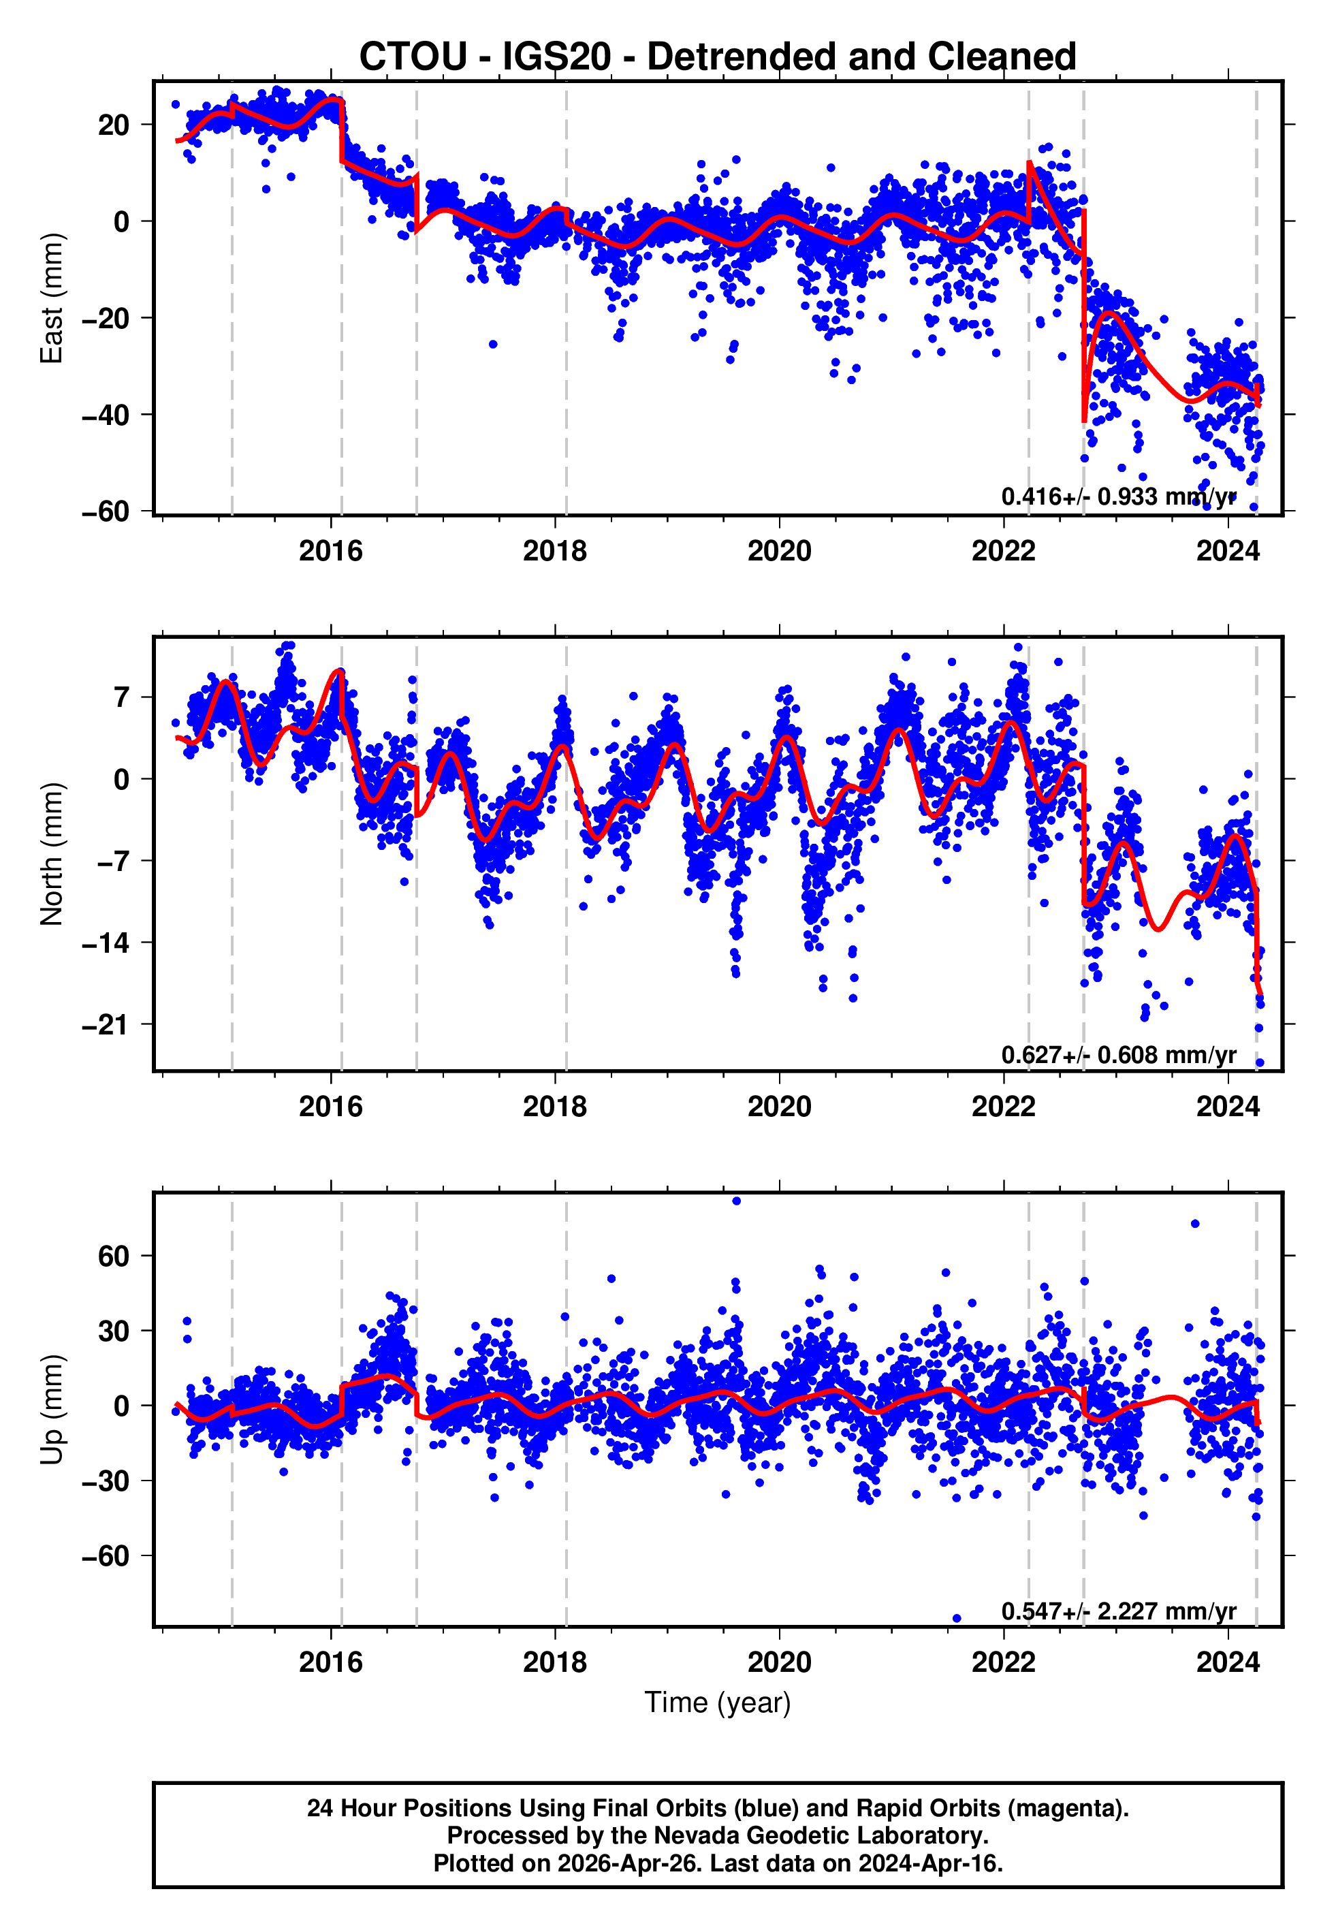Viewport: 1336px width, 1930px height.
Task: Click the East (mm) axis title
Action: coord(52,298)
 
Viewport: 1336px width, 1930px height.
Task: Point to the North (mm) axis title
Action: coord(52,854)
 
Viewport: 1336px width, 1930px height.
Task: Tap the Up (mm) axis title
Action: coord(52,1410)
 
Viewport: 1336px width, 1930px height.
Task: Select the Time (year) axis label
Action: coord(718,1703)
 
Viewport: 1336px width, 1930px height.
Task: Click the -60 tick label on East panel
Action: coord(106,511)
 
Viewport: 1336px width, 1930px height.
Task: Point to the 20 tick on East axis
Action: coord(114,125)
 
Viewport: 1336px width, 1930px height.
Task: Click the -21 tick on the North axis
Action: coord(106,1024)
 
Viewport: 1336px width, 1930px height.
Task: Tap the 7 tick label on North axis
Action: coord(122,697)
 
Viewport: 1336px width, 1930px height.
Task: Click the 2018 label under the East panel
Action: coord(555,551)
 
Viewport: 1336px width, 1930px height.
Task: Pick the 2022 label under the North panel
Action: coord(1003,1107)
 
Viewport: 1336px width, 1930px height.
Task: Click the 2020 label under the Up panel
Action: coord(779,1662)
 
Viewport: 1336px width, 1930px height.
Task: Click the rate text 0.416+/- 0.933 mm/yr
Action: coord(1118,496)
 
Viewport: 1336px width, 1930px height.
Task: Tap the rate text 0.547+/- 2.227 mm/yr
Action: coord(1118,1611)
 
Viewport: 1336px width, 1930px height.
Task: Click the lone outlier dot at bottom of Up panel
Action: coord(957,1619)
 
